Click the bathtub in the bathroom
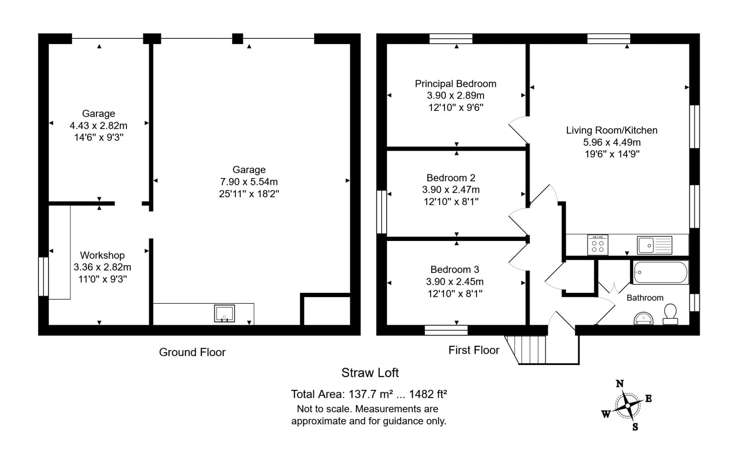pyautogui.click(x=660, y=272)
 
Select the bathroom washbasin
pyautogui.click(x=644, y=318)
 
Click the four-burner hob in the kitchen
pyautogui.click(x=598, y=245)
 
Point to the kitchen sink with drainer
pyautogui.click(x=655, y=245)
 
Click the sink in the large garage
pyautogui.click(x=224, y=313)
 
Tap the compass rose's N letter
pyautogui.click(x=619, y=383)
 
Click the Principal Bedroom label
pyautogui.click(x=455, y=84)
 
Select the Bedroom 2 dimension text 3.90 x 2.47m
pyautogui.click(x=451, y=190)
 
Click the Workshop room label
pyautogui.click(x=102, y=255)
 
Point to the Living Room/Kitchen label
pyautogui.click(x=612, y=130)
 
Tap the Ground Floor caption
pyautogui.click(x=192, y=352)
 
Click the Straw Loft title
pyautogui.click(x=370, y=373)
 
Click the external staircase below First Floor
pyautogui.click(x=541, y=350)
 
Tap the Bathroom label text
pyautogui.click(x=645, y=298)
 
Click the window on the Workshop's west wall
pyautogui.click(x=43, y=276)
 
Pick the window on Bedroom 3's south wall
pyautogui.click(x=446, y=330)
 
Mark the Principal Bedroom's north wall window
pyautogui.click(x=451, y=39)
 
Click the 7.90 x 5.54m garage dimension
pyautogui.click(x=249, y=182)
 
